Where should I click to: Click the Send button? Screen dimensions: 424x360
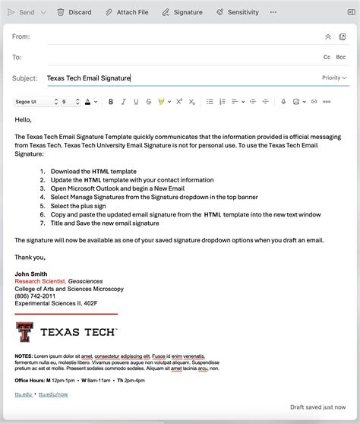coord(21,12)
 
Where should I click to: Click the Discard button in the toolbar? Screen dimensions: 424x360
coord(74,12)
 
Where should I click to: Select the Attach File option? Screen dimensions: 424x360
coord(127,12)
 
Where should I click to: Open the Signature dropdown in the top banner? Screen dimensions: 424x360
coord(182,12)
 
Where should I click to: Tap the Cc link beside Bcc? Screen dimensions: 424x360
coord(327,57)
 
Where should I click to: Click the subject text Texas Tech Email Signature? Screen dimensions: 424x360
coord(88,78)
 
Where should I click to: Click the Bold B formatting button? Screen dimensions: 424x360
coord(111,102)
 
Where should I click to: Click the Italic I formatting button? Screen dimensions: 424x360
coord(124,102)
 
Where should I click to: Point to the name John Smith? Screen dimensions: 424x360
coord(30,274)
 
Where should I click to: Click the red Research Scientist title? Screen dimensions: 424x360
coord(39,281)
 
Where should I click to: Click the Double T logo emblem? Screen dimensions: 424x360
coord(24,332)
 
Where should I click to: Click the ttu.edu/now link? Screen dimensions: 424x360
coord(53,394)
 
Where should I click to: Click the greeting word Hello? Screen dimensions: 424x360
coord(23,119)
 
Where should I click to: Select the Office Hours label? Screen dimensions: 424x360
coord(30,379)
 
